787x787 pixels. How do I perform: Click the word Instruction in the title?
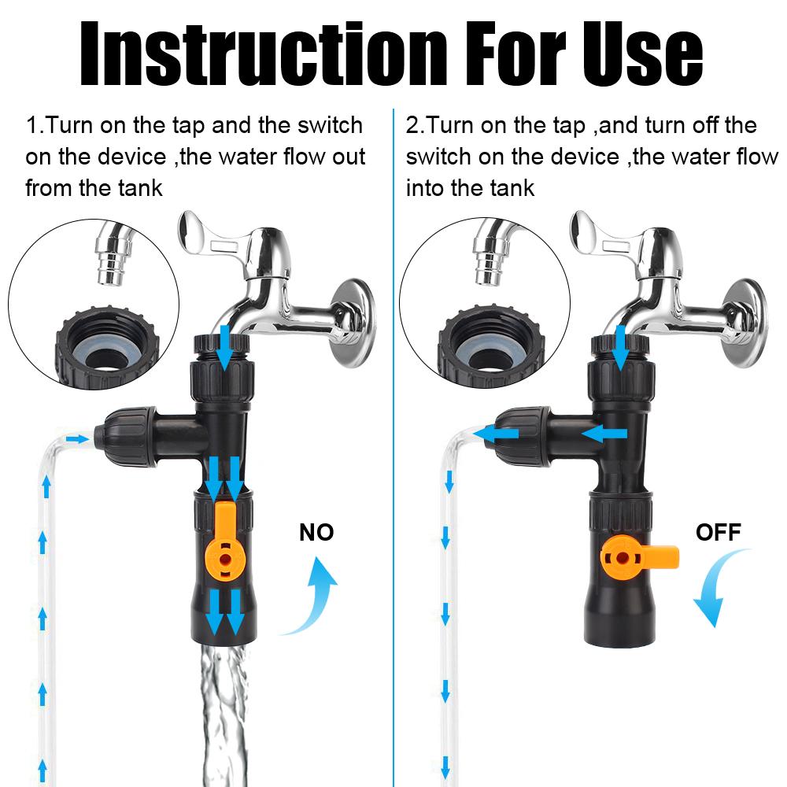pyautogui.click(x=263, y=54)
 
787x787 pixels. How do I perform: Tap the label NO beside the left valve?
pyautogui.click(x=316, y=532)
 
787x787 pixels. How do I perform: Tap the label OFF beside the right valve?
pyautogui.click(x=719, y=532)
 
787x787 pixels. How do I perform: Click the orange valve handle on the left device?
pyautogui.click(x=224, y=542)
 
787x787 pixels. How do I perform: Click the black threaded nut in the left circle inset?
pyautogui.click(x=107, y=349)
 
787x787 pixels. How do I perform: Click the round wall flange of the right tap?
pyautogui.click(x=745, y=323)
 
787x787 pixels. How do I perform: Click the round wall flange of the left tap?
pyautogui.click(x=353, y=323)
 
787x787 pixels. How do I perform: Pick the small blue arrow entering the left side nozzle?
pyautogui.click(x=78, y=440)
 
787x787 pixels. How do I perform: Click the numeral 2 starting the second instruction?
pyautogui.click(x=412, y=125)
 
